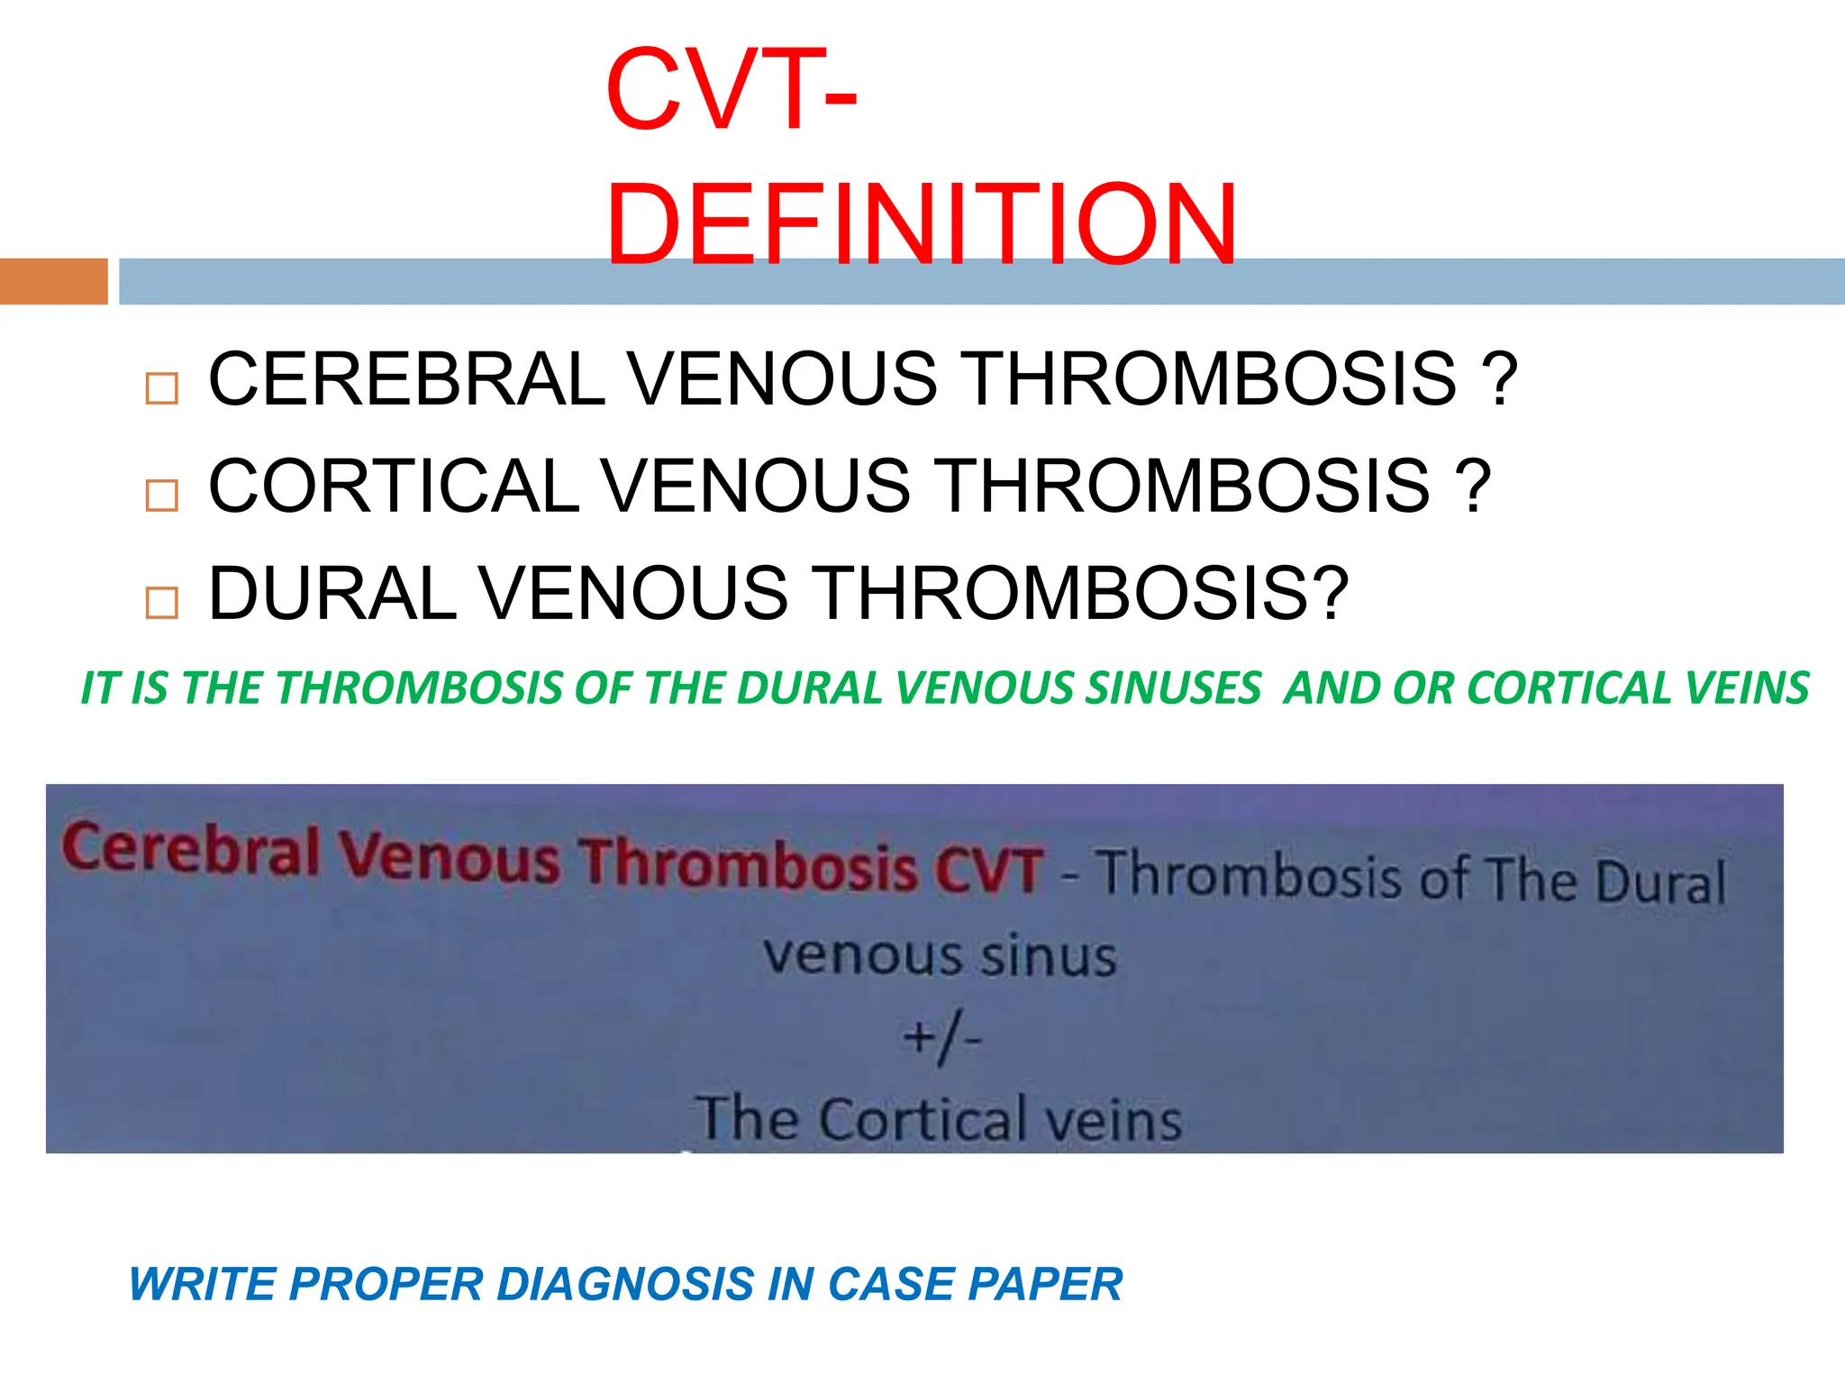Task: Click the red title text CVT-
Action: [x=731, y=91]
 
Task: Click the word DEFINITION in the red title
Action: [x=921, y=224]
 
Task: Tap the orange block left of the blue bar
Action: [x=53, y=281]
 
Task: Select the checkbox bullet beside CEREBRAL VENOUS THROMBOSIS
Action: [x=162, y=389]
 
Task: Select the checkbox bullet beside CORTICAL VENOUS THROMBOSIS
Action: [x=162, y=496]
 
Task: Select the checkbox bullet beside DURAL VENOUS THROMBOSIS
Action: [x=162, y=602]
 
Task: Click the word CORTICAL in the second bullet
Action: [x=394, y=487]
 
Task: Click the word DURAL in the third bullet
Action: [x=332, y=594]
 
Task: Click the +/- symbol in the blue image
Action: [x=941, y=1038]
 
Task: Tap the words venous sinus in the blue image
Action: [x=940, y=956]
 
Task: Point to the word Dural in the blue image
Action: [x=1659, y=882]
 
